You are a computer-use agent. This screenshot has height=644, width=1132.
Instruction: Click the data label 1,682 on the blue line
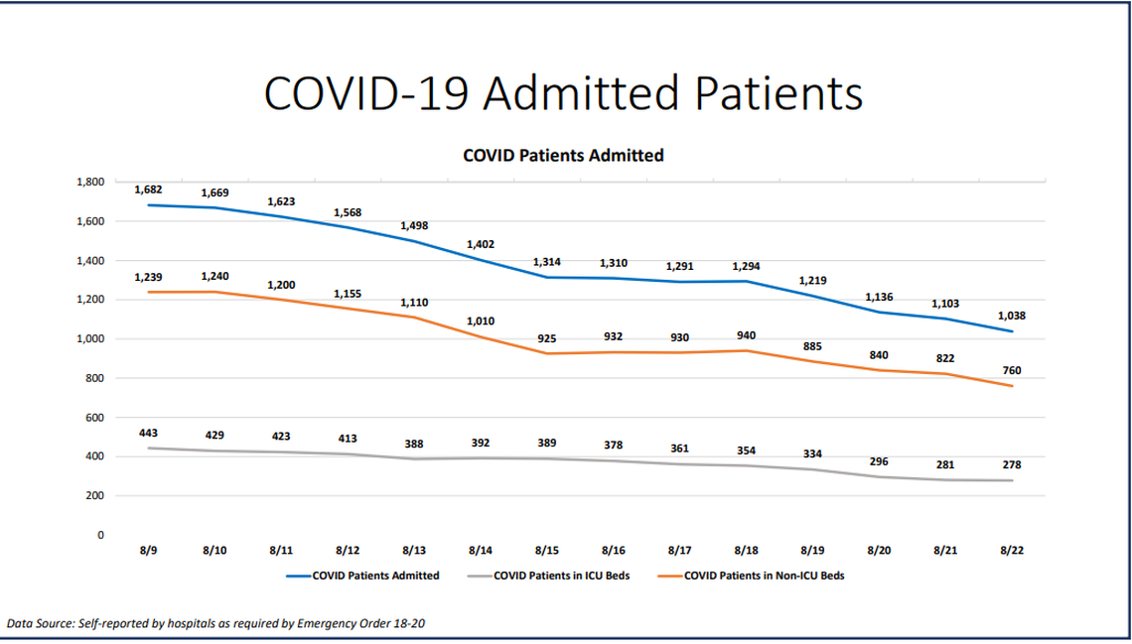(148, 190)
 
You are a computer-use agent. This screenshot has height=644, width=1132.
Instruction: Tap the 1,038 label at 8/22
(1012, 316)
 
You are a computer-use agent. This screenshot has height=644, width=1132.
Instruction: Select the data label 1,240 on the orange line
(214, 277)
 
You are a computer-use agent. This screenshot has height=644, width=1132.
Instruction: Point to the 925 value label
(547, 338)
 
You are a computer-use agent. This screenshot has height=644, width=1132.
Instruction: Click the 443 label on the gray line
(148, 433)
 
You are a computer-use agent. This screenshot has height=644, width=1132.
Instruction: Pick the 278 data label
(1012, 464)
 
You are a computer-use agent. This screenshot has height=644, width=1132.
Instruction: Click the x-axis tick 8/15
(547, 549)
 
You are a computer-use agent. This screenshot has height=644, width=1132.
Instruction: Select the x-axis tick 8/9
(148, 549)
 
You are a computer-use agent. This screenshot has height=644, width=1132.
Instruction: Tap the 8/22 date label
(1012, 549)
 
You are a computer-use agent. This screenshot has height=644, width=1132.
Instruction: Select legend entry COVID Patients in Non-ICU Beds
(763, 576)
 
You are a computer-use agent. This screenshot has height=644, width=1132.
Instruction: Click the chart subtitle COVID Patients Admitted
(563, 156)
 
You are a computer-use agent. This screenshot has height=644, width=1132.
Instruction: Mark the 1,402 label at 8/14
(481, 244)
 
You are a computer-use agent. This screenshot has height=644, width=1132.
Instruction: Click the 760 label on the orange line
(1012, 370)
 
